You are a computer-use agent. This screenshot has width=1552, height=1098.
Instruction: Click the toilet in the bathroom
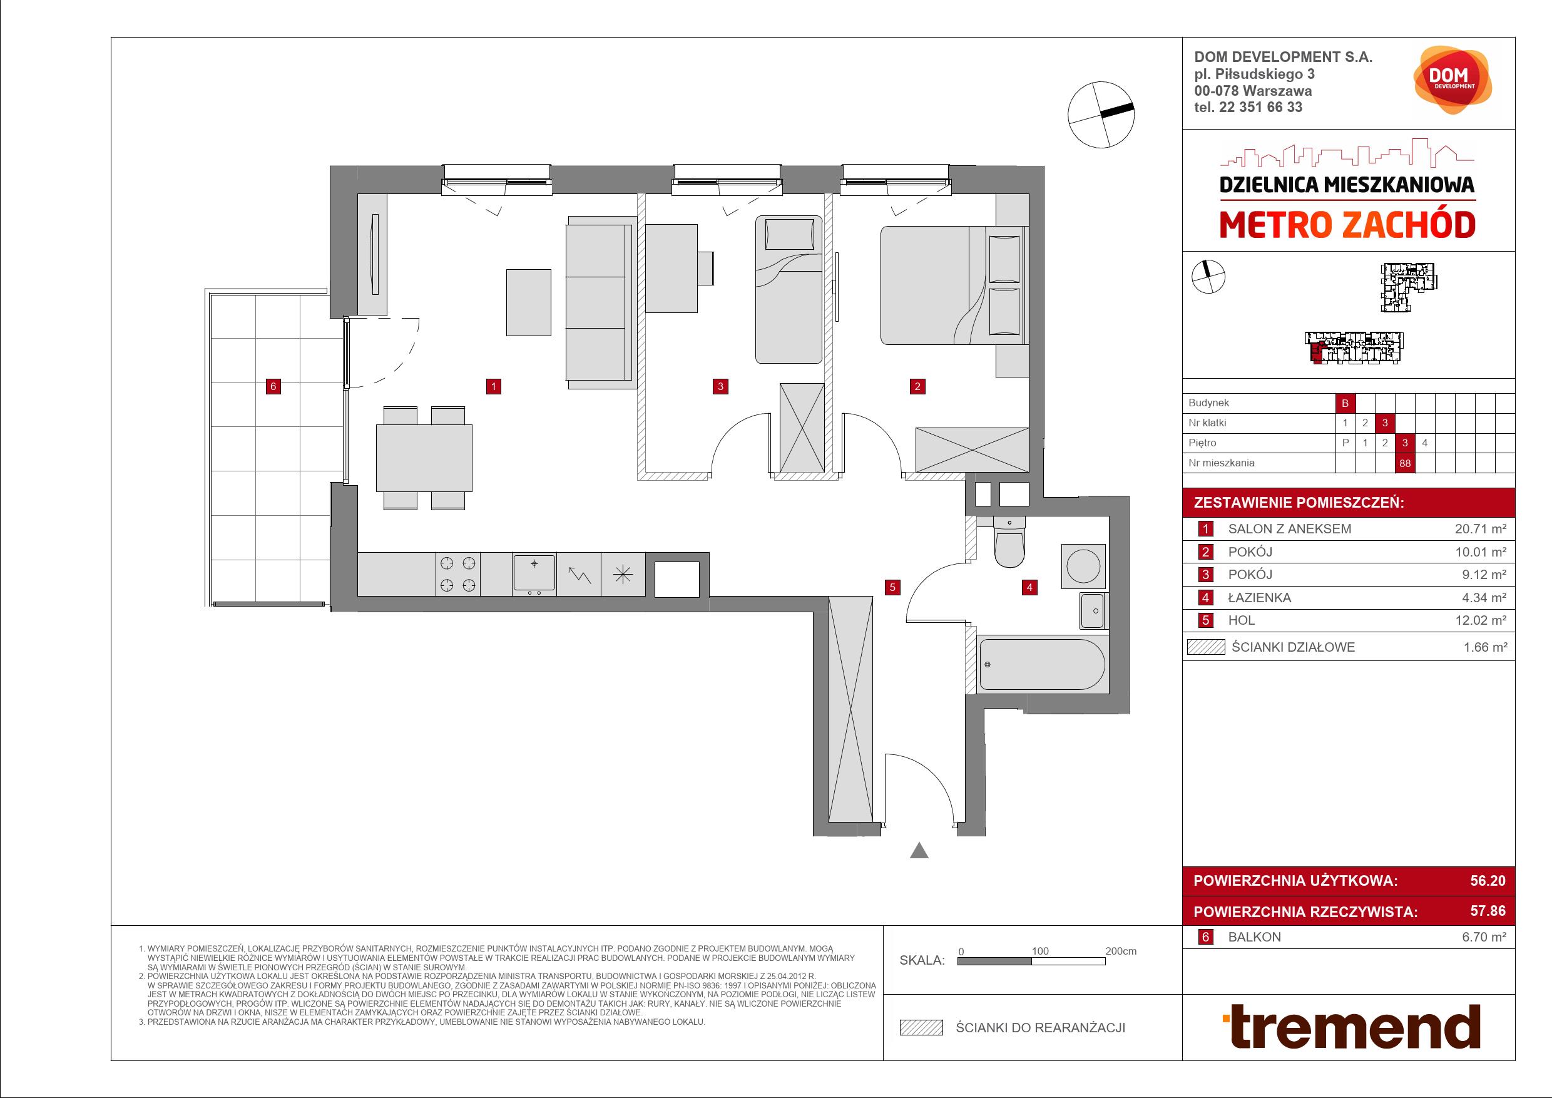pyautogui.click(x=1009, y=541)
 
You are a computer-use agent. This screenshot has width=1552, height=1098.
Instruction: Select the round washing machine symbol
pyautogui.click(x=1083, y=566)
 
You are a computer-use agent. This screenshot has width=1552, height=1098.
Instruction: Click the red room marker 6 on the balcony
pyautogui.click(x=273, y=387)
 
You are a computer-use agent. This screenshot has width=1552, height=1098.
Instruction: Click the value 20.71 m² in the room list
pyautogui.click(x=1481, y=530)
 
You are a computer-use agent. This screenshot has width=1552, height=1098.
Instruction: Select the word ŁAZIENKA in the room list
pyautogui.click(x=1259, y=598)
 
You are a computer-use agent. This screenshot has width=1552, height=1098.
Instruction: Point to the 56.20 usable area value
pyautogui.click(x=1488, y=880)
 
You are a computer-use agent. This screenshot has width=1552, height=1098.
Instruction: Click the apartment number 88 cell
pyautogui.click(x=1406, y=463)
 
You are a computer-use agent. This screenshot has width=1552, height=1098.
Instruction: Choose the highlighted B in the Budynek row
pyautogui.click(x=1345, y=403)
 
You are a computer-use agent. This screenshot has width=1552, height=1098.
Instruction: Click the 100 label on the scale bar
pyautogui.click(x=1039, y=951)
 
